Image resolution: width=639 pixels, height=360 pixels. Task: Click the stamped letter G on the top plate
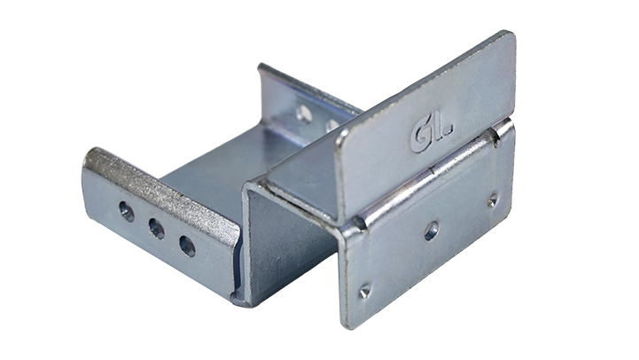[x=422, y=137]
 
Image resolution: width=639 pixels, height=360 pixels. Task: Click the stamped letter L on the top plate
[x=445, y=126]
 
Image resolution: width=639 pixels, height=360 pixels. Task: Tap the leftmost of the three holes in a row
[x=127, y=212]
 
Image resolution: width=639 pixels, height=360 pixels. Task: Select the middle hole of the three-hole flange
[x=157, y=228]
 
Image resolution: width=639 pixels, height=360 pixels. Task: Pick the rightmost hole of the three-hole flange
[x=187, y=247]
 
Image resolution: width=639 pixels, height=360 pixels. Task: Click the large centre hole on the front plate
[x=432, y=231]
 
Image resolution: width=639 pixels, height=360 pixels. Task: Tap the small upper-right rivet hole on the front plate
[x=493, y=200]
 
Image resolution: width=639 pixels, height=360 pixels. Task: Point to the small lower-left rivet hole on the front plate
[x=364, y=291]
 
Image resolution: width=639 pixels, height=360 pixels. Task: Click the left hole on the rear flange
[x=304, y=113]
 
